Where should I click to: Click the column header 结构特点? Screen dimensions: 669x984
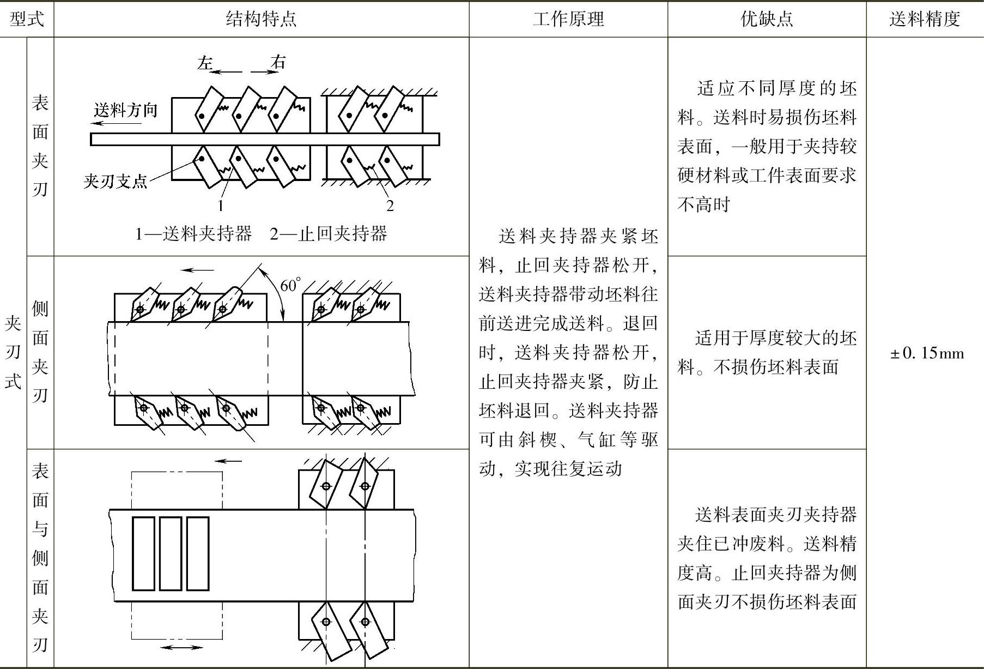[x=261, y=20]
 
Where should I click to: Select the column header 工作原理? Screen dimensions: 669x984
[x=568, y=20]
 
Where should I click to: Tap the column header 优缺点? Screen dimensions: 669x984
[x=767, y=20]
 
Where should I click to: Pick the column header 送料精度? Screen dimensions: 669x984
[x=925, y=20]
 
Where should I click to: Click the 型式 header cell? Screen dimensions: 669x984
[x=26, y=20]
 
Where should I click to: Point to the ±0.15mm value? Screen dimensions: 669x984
[x=927, y=353]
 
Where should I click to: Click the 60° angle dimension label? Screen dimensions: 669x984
[x=290, y=285]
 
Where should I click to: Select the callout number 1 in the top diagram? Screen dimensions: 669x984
[x=220, y=206]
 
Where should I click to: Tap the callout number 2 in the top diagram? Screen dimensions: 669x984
[x=390, y=206]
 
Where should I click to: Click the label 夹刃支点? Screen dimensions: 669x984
[x=116, y=182]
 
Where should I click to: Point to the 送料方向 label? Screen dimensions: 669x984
[x=125, y=111]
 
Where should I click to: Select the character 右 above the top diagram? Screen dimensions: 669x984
[x=278, y=63]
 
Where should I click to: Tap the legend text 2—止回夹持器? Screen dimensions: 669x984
[x=329, y=234]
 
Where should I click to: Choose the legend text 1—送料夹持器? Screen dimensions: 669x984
[x=193, y=234]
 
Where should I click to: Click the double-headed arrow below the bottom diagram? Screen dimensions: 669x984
[x=183, y=648]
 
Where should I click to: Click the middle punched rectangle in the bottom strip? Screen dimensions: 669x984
[x=171, y=554]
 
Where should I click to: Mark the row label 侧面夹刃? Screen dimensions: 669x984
[x=40, y=352]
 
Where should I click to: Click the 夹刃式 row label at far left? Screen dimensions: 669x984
[x=13, y=352]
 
